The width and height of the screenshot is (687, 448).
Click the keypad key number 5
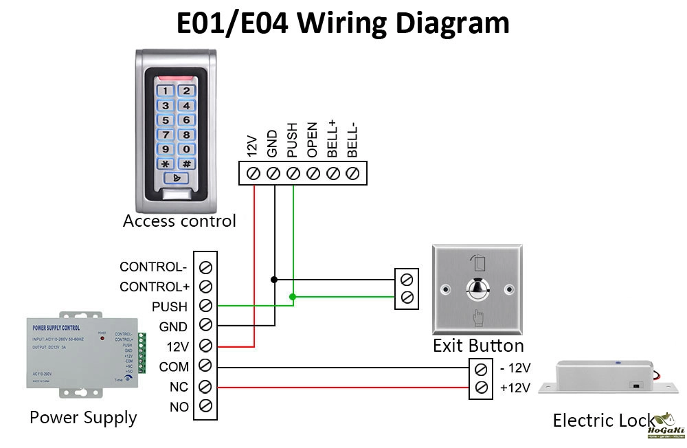pos(166,120)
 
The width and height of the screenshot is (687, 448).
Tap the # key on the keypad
pos(186,164)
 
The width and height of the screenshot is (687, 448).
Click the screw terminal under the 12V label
pos(253,173)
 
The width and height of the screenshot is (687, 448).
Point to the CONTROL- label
pos(153,267)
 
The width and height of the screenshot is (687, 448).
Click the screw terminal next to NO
pos(205,407)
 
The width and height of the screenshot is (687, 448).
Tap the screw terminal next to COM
pos(205,367)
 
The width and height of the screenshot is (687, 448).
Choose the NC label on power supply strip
pos(179,387)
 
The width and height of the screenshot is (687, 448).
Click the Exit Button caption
pos(478,345)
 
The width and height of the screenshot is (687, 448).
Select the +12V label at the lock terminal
pos(515,388)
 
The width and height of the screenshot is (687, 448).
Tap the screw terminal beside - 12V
pos(482,368)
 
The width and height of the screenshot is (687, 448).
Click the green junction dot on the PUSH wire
pos(293,297)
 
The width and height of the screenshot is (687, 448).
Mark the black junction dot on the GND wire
pos(274,280)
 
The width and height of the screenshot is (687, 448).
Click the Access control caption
pos(179,221)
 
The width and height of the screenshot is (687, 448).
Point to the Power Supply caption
pos(83,417)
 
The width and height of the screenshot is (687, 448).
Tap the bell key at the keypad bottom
pos(177,179)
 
